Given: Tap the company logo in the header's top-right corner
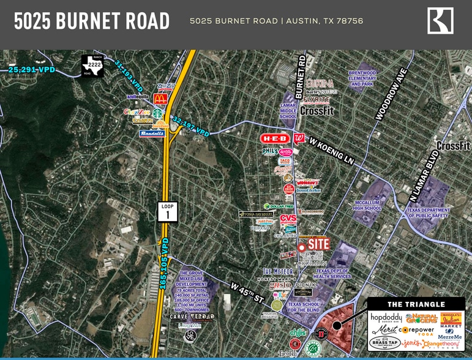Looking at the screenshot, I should (440, 21).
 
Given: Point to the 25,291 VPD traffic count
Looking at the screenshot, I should (32, 70).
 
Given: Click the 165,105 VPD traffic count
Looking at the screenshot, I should (164, 264).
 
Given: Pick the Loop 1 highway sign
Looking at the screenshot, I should (168, 211).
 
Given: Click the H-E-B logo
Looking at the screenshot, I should (274, 138).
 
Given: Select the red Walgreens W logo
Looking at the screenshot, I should (299, 138).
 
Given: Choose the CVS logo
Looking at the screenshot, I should (288, 219).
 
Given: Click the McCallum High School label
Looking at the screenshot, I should (368, 205).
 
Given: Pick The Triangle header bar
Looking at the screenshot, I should (416, 304).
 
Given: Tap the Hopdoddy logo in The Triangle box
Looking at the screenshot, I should (385, 318).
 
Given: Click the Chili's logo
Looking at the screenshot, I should (298, 332).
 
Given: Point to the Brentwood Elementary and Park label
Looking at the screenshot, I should (362, 78).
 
